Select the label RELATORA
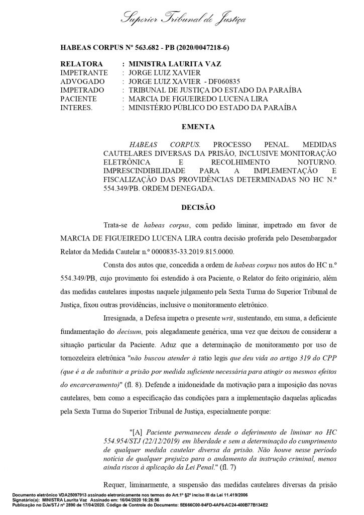(x=81, y=65)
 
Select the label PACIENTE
(x=79, y=99)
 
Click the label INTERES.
(x=76, y=107)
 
